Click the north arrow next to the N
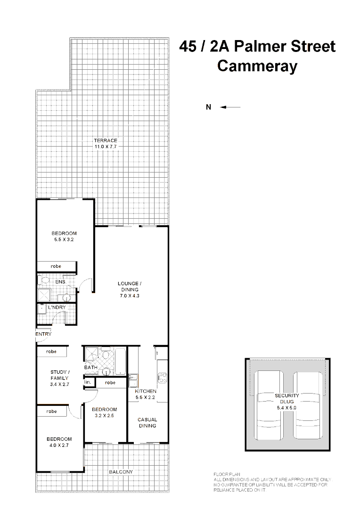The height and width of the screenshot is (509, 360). coord(231,107)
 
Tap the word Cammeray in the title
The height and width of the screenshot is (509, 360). coord(257,66)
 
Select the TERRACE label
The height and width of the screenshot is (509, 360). coord(105,140)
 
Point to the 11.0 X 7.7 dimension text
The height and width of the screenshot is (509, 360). coord(105,147)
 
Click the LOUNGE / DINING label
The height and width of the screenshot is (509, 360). coord(130,286)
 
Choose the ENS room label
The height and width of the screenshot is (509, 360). coord(60,282)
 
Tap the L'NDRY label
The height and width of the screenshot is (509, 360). coord(57,307)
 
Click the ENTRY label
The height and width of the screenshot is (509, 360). coord(43,334)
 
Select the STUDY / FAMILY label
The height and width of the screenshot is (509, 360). coord(59,375)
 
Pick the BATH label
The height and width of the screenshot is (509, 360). coord(91,367)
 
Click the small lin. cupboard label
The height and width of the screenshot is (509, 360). coord(88,382)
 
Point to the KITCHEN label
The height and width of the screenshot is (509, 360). coord(146,392)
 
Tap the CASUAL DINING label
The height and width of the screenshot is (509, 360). coord(147,422)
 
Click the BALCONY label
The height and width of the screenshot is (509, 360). coord(121,472)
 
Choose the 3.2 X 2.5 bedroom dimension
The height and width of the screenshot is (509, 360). coord(104,416)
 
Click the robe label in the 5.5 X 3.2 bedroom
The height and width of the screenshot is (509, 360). coord(56,266)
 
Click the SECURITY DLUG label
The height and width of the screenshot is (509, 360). coord(287,399)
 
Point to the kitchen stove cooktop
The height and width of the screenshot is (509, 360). coord(163,377)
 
